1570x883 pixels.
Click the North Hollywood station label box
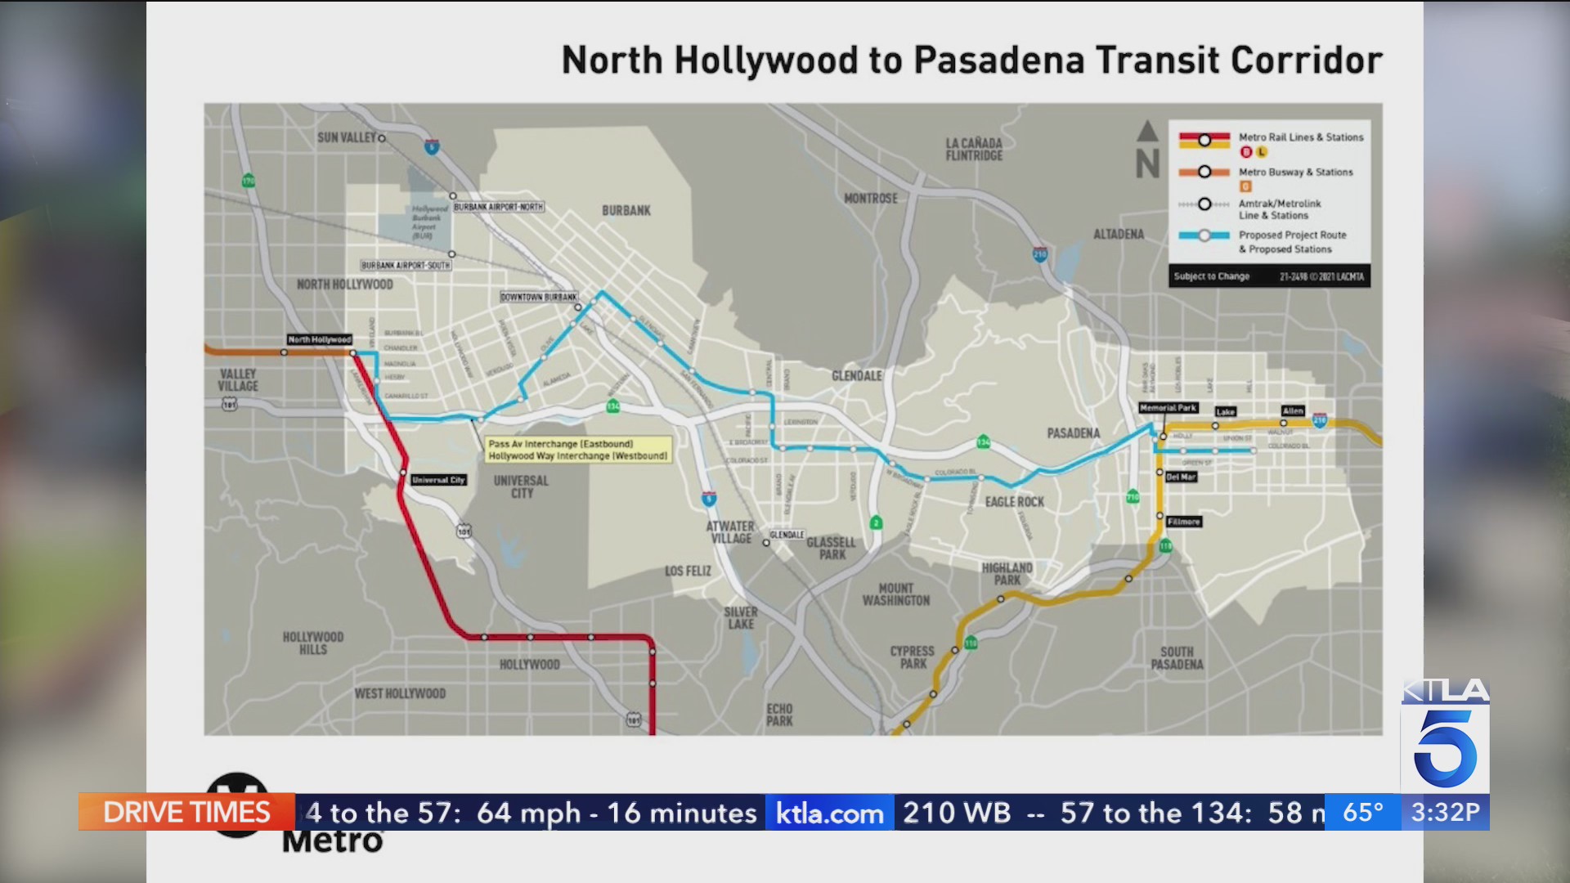(319, 339)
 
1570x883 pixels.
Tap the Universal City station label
(438, 480)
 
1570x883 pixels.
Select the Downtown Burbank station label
(538, 297)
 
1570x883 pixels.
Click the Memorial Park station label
(1168, 407)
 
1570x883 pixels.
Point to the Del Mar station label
(1181, 477)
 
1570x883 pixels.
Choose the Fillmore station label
(1183, 522)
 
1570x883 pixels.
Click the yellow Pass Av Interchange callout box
(577, 450)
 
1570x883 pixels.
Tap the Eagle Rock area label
(1014, 502)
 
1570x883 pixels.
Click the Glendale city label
(856, 375)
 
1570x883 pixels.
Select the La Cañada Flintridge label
(973, 149)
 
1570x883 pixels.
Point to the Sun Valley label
(347, 137)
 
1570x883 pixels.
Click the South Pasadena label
(1177, 658)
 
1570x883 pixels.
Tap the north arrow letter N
(1147, 164)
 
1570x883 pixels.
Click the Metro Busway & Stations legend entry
(1295, 173)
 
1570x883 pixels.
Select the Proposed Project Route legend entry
(1292, 241)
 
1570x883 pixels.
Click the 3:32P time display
(1445, 812)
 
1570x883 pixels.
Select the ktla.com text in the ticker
(829, 813)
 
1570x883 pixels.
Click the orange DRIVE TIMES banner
(186, 812)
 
